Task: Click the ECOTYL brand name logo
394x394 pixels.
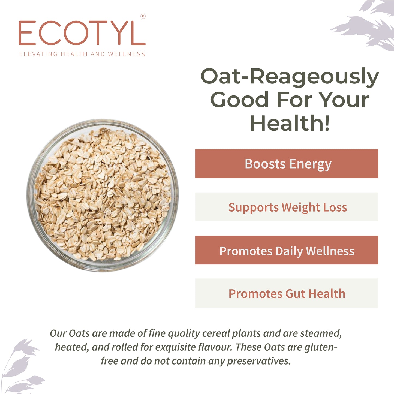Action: [82, 33]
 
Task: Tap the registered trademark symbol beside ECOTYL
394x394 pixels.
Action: [143, 16]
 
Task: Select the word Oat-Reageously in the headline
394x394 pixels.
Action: [290, 76]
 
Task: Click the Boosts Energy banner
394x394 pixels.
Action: [287, 164]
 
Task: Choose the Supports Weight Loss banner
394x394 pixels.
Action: [287, 207]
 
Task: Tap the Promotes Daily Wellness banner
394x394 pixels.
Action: [287, 250]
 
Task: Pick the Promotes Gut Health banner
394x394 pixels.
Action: [287, 293]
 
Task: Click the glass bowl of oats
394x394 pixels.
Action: [103, 195]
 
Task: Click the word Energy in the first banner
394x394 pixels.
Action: [310, 164]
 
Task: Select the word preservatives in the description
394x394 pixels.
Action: [259, 361]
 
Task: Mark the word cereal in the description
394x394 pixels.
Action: [216, 333]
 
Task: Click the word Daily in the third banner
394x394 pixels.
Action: [289, 251]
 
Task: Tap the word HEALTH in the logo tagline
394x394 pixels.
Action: [74, 54]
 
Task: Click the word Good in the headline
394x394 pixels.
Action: [240, 100]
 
